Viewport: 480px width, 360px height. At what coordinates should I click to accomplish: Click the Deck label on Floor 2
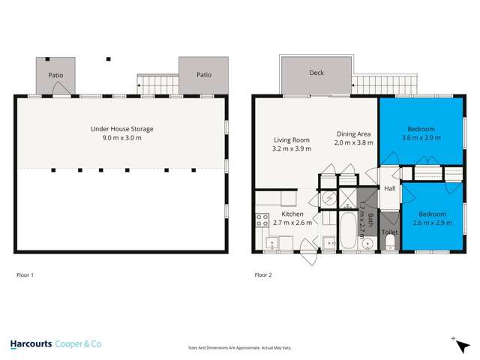(316, 73)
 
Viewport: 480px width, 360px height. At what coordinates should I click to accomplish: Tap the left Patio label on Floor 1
(55, 75)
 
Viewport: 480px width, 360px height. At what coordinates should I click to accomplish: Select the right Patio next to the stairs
(203, 75)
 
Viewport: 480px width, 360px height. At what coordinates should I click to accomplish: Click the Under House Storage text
(121, 129)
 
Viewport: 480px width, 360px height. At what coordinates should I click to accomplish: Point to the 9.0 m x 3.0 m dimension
(121, 139)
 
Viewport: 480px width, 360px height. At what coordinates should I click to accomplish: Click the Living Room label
(291, 139)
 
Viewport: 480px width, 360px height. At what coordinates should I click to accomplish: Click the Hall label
(390, 189)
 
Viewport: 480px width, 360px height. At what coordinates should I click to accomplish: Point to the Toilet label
(390, 232)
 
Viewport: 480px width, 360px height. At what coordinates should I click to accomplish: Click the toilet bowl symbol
(390, 219)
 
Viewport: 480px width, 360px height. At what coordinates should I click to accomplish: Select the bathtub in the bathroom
(349, 231)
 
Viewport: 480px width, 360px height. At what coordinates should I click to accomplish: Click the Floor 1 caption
(25, 275)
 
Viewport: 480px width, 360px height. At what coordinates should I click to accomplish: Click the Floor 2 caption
(263, 275)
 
